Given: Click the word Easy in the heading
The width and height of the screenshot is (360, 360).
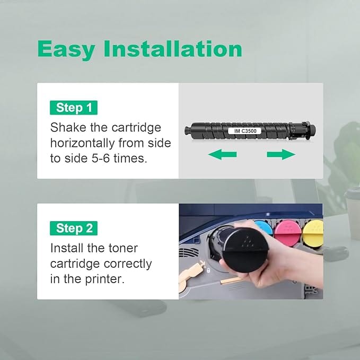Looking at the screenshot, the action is (66, 50).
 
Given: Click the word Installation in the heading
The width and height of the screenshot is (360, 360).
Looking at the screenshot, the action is (173, 48).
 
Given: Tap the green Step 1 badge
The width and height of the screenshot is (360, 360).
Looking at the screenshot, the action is (74, 108).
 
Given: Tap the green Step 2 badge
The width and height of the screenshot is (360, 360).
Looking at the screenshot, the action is (74, 228).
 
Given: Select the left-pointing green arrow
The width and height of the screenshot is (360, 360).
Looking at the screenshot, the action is (222, 154).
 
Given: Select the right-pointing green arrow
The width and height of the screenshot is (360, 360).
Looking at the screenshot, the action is (281, 154).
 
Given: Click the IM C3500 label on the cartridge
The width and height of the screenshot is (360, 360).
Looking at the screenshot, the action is (245, 131).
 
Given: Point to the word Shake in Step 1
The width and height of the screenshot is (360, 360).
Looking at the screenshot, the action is (68, 127).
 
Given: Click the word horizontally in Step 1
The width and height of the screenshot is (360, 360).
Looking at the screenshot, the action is (82, 143).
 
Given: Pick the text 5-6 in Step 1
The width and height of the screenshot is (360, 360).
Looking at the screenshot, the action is (101, 159).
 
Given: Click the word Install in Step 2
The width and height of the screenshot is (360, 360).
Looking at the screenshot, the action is (67, 248).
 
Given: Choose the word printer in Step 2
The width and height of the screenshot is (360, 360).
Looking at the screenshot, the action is (104, 279).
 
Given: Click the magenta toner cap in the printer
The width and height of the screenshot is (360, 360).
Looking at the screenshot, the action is (288, 233).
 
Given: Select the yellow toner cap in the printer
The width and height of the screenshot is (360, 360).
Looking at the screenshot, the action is (313, 233).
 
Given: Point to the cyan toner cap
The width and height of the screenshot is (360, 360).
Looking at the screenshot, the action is (264, 228).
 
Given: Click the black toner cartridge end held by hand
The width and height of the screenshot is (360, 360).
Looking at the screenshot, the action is (245, 250).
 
